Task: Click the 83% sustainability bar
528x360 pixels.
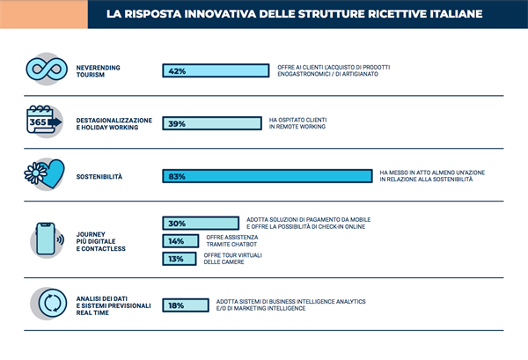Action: (x=267, y=176)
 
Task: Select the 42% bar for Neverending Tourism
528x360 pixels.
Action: (x=216, y=70)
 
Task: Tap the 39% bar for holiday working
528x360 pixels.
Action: (x=211, y=124)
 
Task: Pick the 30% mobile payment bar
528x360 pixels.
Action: (x=201, y=224)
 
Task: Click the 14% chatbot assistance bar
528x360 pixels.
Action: (x=180, y=240)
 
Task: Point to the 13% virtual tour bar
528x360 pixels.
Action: (x=179, y=258)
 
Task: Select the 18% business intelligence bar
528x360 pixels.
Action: (x=185, y=305)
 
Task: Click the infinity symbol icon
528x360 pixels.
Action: (x=46, y=70)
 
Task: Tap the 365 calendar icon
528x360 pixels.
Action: (x=44, y=121)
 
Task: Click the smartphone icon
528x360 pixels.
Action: (x=46, y=238)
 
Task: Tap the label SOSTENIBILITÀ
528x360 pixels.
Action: (x=98, y=176)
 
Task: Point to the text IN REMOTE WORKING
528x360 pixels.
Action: (x=297, y=128)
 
